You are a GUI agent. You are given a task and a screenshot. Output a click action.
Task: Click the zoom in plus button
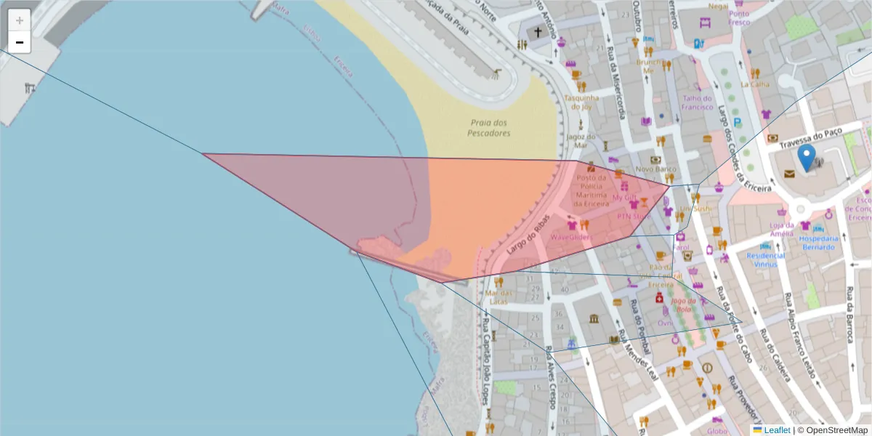[x=20, y=20]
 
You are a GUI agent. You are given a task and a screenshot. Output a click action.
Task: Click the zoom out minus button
[x=20, y=42]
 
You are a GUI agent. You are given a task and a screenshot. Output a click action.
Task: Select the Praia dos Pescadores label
[x=488, y=128]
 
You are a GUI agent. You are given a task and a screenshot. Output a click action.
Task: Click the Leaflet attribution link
[x=777, y=430]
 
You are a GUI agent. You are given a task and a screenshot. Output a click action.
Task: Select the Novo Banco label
[x=655, y=169]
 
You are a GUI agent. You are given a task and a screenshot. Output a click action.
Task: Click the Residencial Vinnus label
[x=766, y=259]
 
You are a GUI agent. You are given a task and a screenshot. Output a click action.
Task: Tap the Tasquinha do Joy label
[x=581, y=102]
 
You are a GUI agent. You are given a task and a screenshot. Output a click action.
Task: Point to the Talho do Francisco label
[x=697, y=102]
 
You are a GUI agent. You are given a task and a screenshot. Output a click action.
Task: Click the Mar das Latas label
[x=497, y=297]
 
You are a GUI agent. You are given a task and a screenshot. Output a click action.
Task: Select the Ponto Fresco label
[x=739, y=17]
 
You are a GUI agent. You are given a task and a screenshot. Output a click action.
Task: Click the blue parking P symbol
[x=738, y=123]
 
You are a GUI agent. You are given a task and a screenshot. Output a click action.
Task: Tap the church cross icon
[x=538, y=33]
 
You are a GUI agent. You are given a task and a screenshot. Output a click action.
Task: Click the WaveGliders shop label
[x=571, y=237]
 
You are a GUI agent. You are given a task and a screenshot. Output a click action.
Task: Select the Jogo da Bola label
[x=684, y=304]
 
